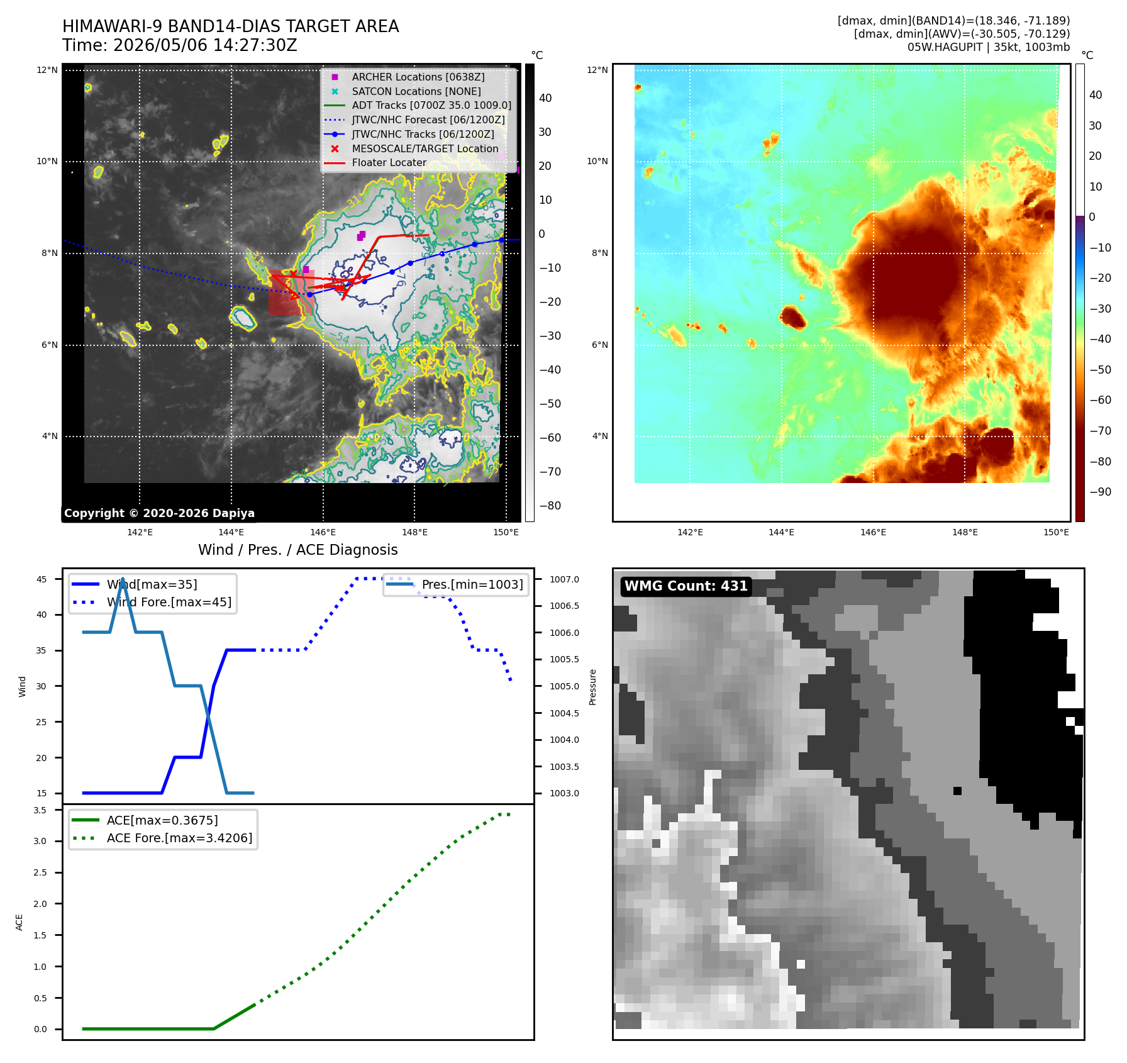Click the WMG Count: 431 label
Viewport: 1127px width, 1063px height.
coord(686,586)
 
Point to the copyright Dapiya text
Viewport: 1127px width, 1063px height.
coord(159,513)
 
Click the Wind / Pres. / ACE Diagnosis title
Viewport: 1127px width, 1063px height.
coord(298,550)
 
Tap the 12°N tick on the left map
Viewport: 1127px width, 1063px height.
coord(47,70)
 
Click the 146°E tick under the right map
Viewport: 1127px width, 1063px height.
coord(873,532)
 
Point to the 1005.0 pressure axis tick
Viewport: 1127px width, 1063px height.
coord(564,686)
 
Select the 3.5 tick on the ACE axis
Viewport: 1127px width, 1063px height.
coord(40,810)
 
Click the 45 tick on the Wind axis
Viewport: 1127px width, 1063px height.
coord(42,579)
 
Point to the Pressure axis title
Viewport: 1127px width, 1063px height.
coord(592,687)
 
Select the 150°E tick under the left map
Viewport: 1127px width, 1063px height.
coord(506,532)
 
